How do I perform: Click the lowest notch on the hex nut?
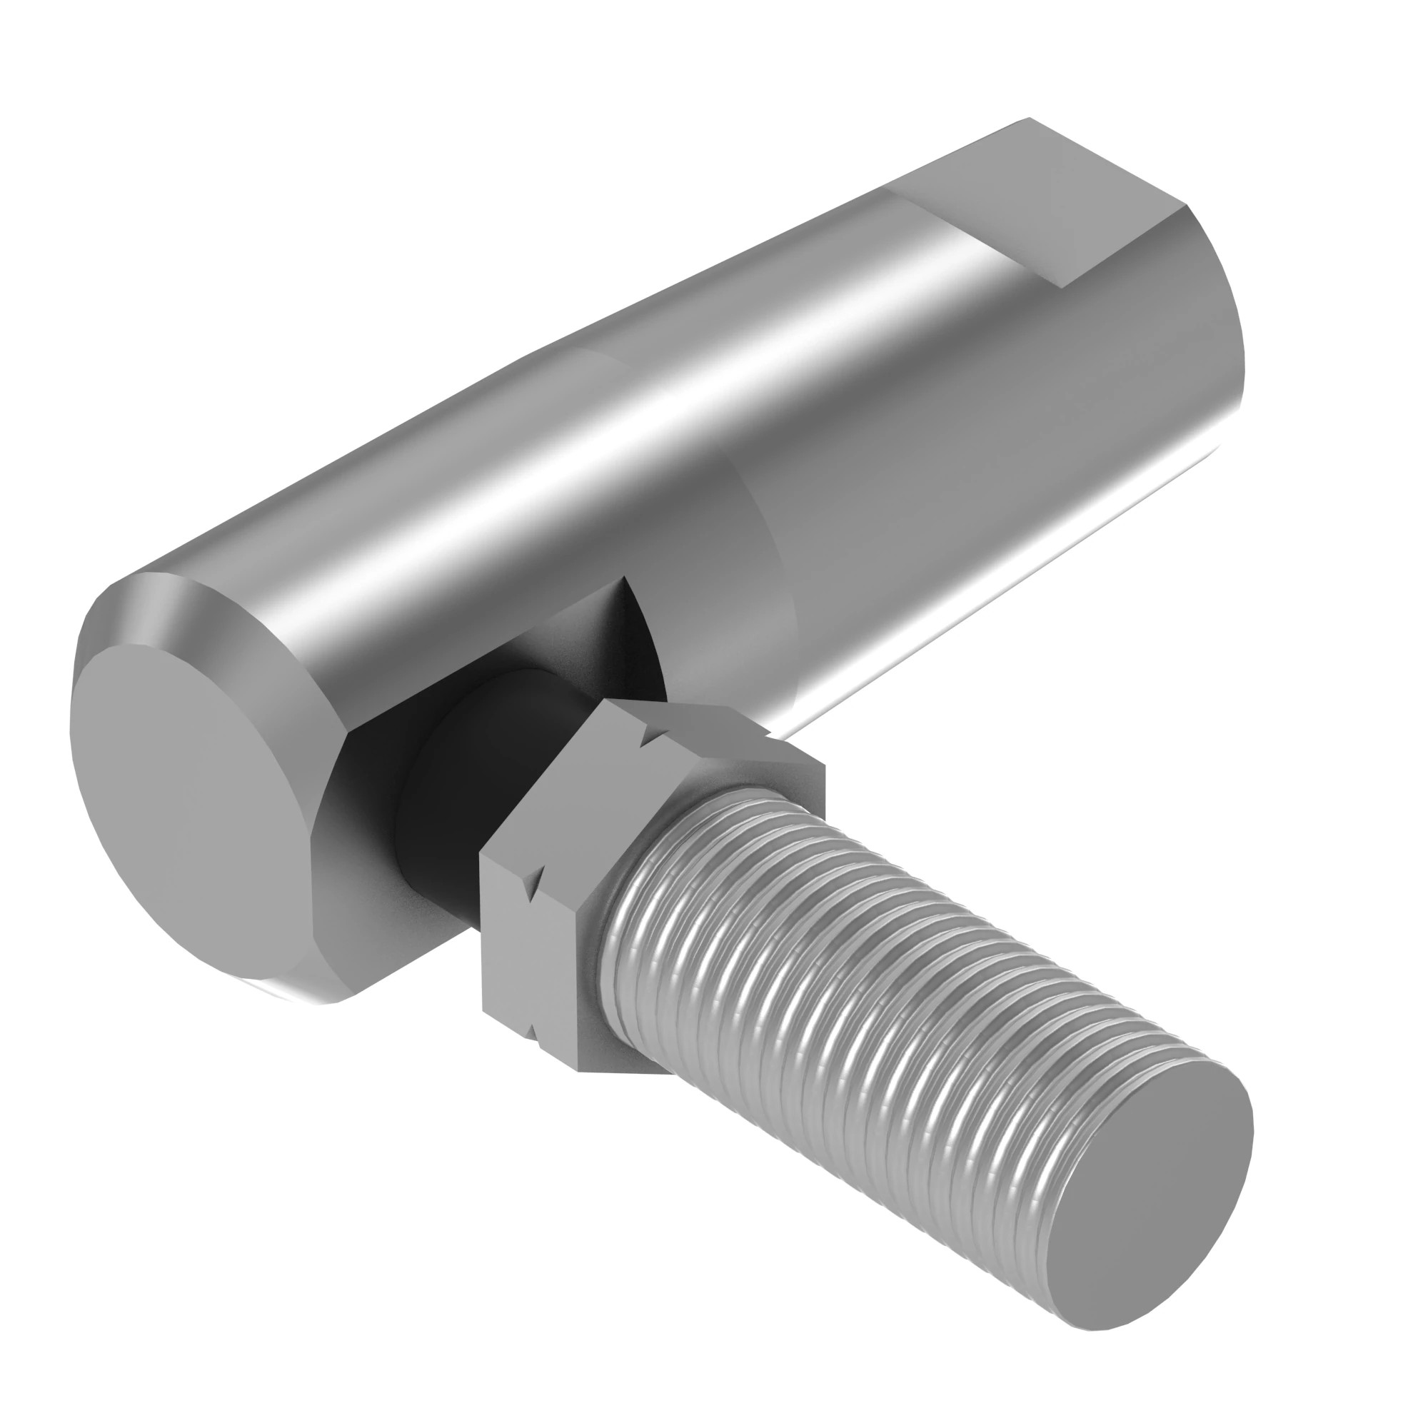coord(534,1032)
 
